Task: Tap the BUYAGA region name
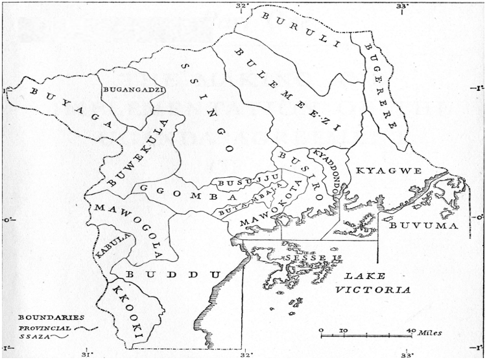[65, 108]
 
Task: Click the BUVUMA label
[422, 226]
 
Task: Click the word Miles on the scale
[429, 332]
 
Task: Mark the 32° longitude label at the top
[243, 5]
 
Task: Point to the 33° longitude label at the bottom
[407, 354]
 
